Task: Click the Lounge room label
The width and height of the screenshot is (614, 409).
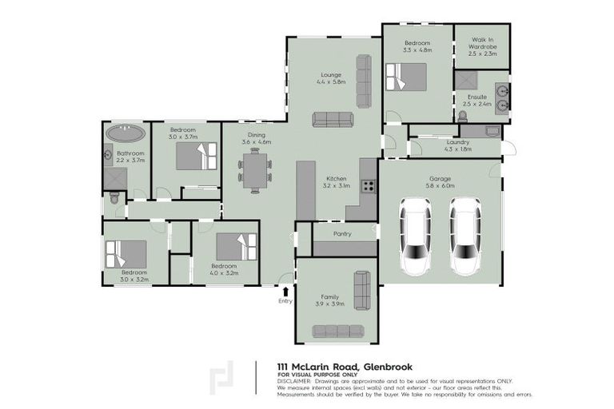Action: click(332, 74)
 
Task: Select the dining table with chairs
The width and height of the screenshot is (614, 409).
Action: click(255, 171)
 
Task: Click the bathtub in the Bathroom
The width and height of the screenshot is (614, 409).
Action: click(126, 133)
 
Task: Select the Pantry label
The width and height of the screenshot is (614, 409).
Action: click(344, 235)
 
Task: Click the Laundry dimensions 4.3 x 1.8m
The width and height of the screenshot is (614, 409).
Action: click(457, 149)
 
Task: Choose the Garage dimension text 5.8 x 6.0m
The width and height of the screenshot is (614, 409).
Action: click(440, 185)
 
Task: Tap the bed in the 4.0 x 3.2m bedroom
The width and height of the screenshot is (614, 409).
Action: click(237, 247)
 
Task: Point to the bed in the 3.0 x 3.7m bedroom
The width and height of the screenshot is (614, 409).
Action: click(197, 155)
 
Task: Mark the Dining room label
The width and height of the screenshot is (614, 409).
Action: click(257, 135)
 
